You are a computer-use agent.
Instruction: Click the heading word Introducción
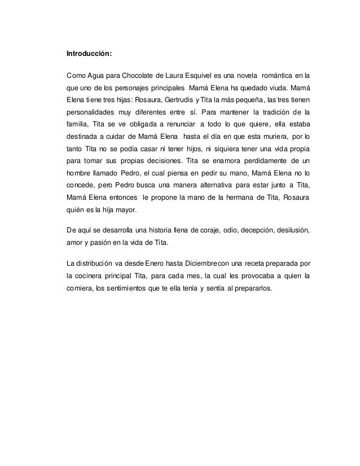pos(89,55)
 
